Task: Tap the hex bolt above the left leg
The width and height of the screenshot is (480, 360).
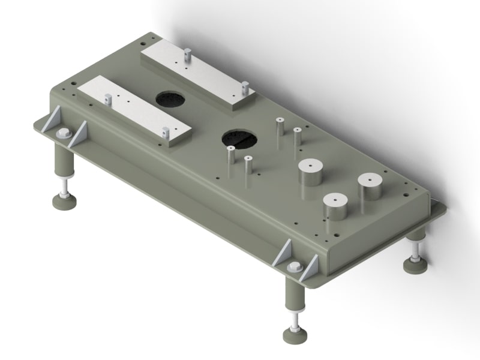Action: [x=62, y=133]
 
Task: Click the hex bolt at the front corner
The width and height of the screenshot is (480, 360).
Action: [x=294, y=268]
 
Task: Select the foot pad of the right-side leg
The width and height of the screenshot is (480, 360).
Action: [x=415, y=265]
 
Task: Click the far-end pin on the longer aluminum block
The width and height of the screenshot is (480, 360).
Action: [x=187, y=56]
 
